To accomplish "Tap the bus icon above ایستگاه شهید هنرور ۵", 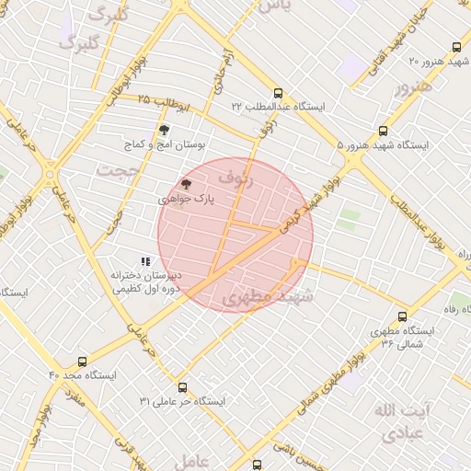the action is (384, 132).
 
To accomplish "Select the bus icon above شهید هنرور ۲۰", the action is (455, 48).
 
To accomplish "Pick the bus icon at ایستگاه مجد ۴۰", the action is (83, 362).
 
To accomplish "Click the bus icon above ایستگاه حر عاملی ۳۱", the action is (182, 387).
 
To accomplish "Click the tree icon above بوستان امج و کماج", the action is (164, 130).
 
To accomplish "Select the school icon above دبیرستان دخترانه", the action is (144, 261).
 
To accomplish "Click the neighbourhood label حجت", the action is (121, 171).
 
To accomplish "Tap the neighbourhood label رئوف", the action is (235, 178).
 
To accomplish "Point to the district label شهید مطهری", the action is (268, 296).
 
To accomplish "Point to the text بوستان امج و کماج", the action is (166, 144).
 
